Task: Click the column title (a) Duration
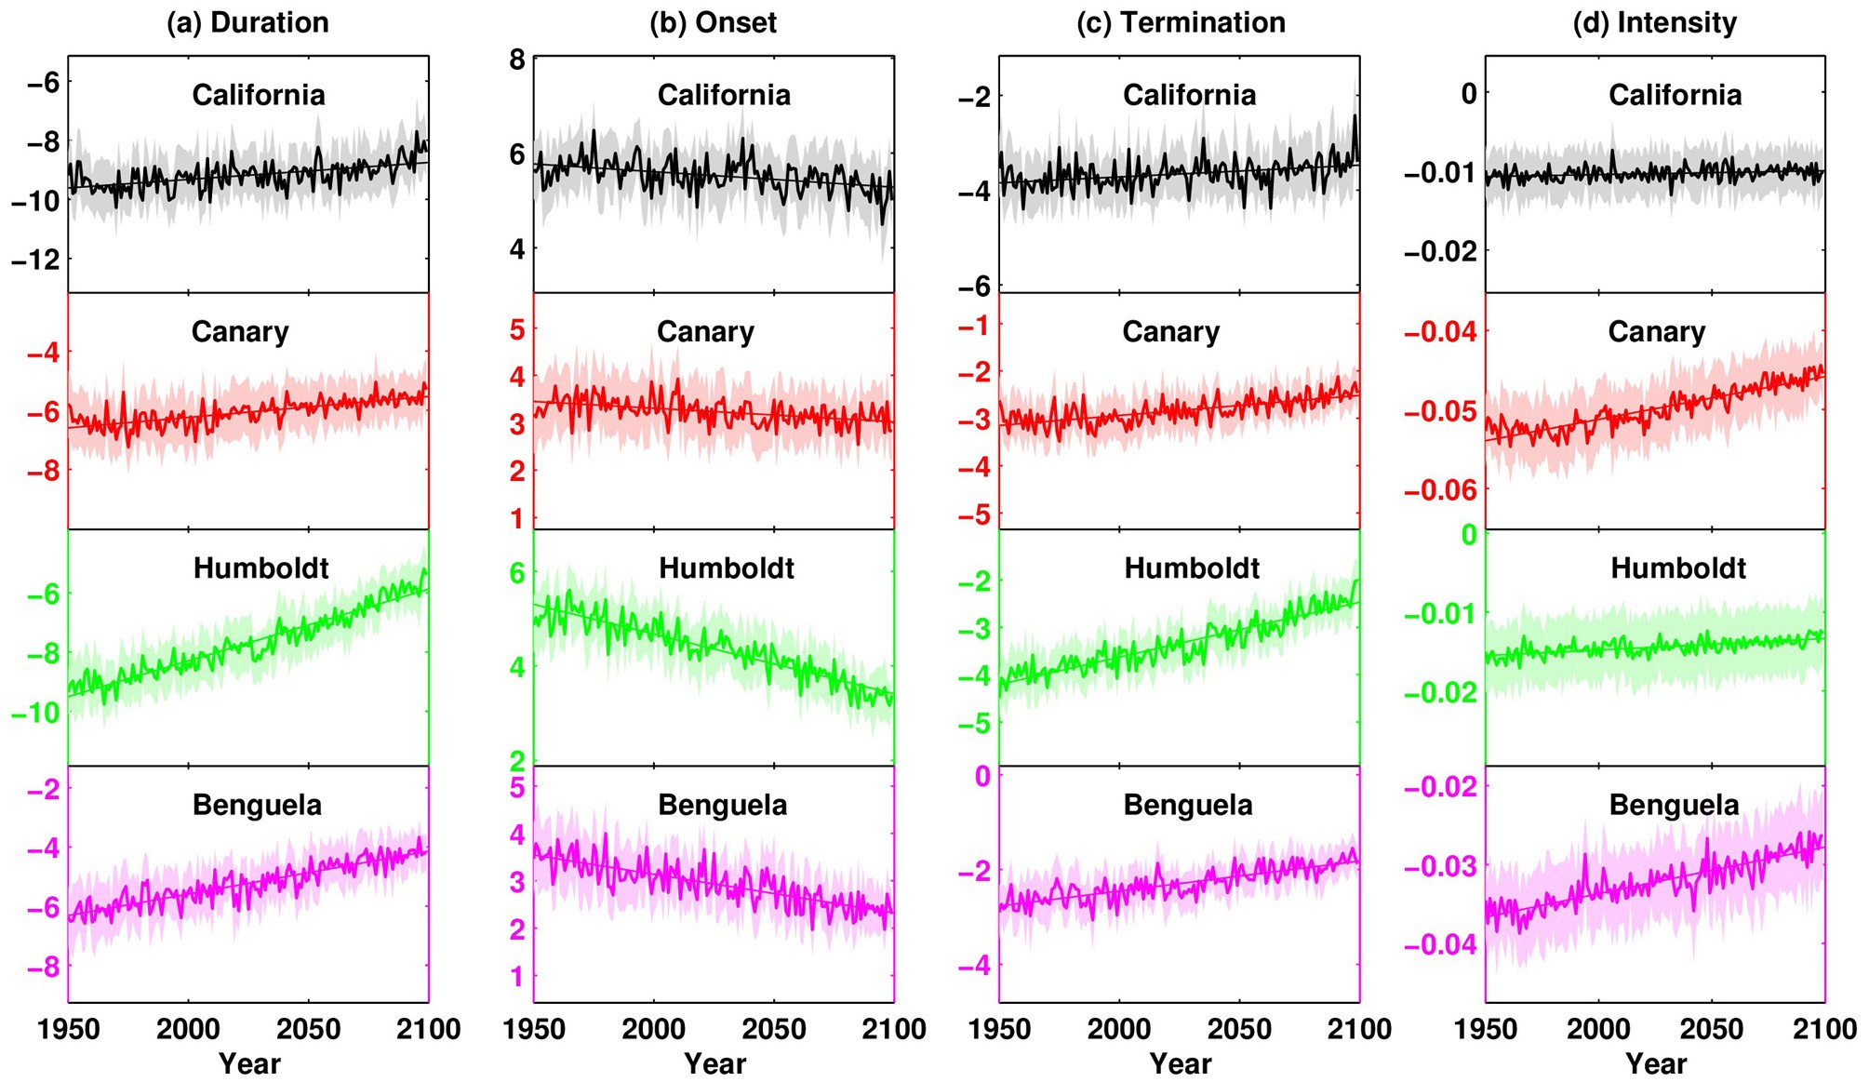point(247,22)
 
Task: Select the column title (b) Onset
point(713,22)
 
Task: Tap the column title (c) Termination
point(1181,22)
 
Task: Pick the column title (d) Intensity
point(1654,22)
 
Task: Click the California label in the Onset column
point(724,95)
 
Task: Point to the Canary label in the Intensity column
point(1656,332)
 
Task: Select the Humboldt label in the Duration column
point(260,568)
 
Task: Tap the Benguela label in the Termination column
point(1188,805)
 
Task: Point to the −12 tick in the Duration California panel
point(35,260)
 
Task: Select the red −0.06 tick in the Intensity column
point(1439,489)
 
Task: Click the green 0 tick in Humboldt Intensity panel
point(1468,535)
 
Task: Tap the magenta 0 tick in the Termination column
point(982,776)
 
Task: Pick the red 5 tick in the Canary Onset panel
point(517,329)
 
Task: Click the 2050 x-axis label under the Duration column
point(308,1029)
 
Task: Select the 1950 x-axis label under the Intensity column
point(1486,1029)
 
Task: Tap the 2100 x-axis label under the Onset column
point(894,1029)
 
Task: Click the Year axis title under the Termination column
point(1180,1063)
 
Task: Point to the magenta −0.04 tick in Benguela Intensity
point(1439,945)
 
